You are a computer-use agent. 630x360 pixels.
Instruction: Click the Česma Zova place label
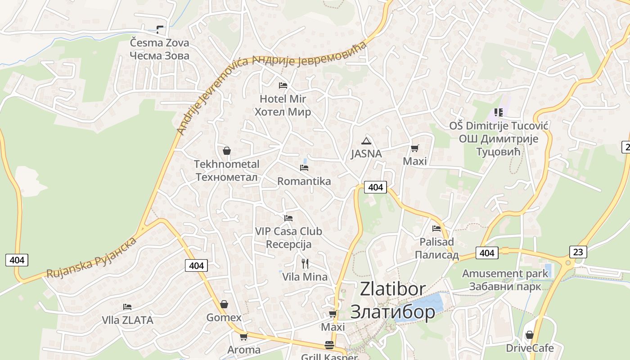pos(159,49)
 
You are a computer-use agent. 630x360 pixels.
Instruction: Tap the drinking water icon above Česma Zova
pos(159,30)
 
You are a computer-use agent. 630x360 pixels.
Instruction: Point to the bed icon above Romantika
pos(304,168)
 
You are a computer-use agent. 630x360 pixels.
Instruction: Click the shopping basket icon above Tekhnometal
pos(227,151)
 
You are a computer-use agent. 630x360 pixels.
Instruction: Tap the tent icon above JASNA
pos(366,140)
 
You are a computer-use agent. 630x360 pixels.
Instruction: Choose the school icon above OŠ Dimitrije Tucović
pos(498,112)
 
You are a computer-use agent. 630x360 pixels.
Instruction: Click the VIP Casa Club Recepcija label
pos(288,238)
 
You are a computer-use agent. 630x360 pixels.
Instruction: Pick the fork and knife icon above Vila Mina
pos(305,263)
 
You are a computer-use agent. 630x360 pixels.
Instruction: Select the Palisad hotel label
pos(436,248)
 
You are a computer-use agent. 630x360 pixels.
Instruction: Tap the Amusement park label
pos(505,280)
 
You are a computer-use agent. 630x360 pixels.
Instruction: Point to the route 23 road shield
pos(578,252)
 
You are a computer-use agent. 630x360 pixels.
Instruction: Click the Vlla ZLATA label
pos(127,320)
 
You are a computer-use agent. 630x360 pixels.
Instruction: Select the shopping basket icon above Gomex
pos(224,305)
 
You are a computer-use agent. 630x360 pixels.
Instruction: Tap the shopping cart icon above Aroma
pos(243,337)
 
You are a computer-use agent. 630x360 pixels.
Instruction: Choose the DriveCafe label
pos(530,348)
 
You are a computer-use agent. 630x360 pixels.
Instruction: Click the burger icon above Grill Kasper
pos(329,345)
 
